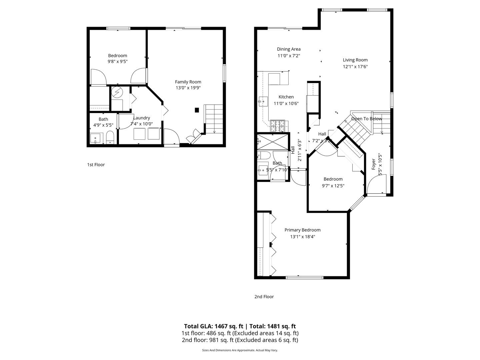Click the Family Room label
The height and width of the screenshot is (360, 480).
click(x=188, y=82)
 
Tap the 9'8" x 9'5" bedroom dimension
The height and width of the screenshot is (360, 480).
click(x=117, y=62)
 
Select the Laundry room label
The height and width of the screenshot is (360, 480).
click(x=142, y=118)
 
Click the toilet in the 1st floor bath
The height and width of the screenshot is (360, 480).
click(x=110, y=137)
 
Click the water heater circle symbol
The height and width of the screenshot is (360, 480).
click(x=117, y=92)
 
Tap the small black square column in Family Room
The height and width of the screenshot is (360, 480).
click(x=197, y=110)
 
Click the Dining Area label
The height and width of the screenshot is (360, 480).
click(x=289, y=49)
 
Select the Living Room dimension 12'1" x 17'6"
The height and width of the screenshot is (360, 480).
click(x=355, y=67)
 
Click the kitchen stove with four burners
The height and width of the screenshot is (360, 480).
click(x=278, y=125)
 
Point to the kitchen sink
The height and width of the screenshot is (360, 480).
click(x=263, y=101)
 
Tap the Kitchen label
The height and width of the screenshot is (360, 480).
click(x=286, y=97)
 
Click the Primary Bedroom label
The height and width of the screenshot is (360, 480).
click(x=302, y=230)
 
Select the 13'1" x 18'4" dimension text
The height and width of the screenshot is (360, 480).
click(x=302, y=237)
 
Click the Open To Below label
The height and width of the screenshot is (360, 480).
click(x=366, y=119)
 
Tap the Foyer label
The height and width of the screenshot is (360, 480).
click(x=374, y=164)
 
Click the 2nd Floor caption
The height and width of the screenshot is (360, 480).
click(x=264, y=297)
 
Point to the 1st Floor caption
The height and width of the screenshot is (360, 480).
click(x=96, y=165)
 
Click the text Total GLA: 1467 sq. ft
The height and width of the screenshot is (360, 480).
click(x=213, y=326)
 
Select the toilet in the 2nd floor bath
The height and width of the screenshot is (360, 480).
click(x=265, y=155)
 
